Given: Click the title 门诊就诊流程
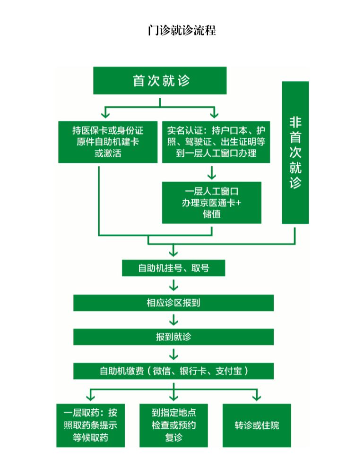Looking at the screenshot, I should tap(182, 31).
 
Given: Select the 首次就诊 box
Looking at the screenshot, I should tap(160, 81).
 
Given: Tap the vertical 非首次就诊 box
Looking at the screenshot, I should tap(295, 153).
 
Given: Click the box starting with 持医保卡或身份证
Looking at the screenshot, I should tap(108, 141).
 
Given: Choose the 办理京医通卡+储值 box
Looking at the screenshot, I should tap(211, 203).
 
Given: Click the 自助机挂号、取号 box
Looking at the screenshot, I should tap(173, 268).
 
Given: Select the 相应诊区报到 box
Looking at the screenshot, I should tap(173, 303).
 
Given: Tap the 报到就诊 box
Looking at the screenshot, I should tap(173, 337).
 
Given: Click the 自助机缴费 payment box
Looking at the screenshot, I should tap(173, 371).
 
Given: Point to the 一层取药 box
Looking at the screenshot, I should tap(90, 425).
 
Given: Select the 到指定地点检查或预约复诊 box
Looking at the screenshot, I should tap(173, 425).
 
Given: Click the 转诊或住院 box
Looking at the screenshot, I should tap(257, 425).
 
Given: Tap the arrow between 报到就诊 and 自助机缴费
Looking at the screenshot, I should tap(173, 354).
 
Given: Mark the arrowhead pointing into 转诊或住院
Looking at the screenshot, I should tap(257, 397).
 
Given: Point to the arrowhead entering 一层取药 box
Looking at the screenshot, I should tap(90, 397).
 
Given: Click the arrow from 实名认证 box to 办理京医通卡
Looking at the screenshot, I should tap(212, 172).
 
